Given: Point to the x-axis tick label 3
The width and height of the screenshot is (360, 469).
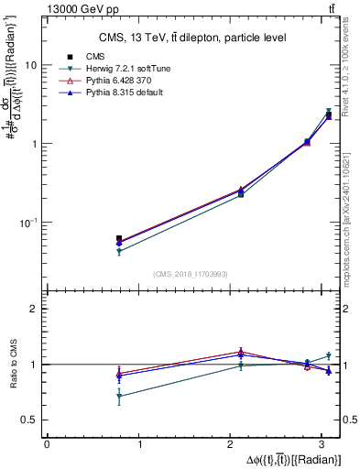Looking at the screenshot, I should [x=326, y=443].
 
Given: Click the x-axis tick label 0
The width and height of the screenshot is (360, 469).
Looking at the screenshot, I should [x=47, y=443].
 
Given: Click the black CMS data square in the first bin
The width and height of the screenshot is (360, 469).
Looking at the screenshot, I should [x=119, y=239].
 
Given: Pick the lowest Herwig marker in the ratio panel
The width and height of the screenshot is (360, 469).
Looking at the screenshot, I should [x=119, y=397].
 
